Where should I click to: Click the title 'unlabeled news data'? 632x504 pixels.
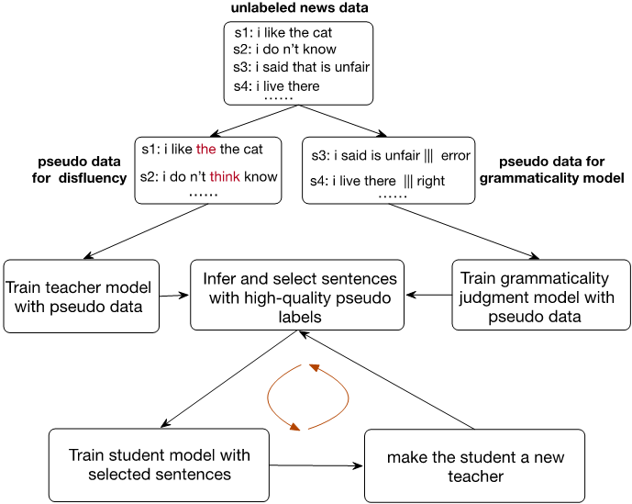(x=299, y=7)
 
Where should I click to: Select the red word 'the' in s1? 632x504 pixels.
(x=206, y=150)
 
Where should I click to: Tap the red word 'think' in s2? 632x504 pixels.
(x=225, y=177)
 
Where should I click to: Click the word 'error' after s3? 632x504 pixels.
(x=456, y=156)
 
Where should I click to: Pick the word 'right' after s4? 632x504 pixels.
(x=431, y=181)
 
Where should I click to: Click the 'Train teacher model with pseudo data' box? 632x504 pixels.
(x=82, y=297)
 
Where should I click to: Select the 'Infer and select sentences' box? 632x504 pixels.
(x=297, y=295)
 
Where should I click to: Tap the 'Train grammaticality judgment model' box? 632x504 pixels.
(x=541, y=295)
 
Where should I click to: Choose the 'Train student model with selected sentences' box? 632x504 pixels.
(x=159, y=465)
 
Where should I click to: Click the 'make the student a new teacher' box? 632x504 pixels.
(x=474, y=465)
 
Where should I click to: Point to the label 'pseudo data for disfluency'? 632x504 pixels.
(x=80, y=170)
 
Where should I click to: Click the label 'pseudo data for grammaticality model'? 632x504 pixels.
(x=552, y=170)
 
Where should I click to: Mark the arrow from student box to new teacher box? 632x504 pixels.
(x=316, y=465)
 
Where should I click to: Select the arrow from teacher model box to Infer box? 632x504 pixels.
(x=174, y=296)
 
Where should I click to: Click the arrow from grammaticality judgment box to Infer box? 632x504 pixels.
(x=428, y=295)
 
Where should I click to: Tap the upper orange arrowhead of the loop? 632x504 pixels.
(x=314, y=367)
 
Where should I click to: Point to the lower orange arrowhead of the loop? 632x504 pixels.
(x=295, y=427)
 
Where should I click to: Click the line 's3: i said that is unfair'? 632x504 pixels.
(x=301, y=67)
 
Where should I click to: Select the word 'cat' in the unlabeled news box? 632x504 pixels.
(x=323, y=33)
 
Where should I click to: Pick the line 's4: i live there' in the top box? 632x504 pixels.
(x=276, y=86)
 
